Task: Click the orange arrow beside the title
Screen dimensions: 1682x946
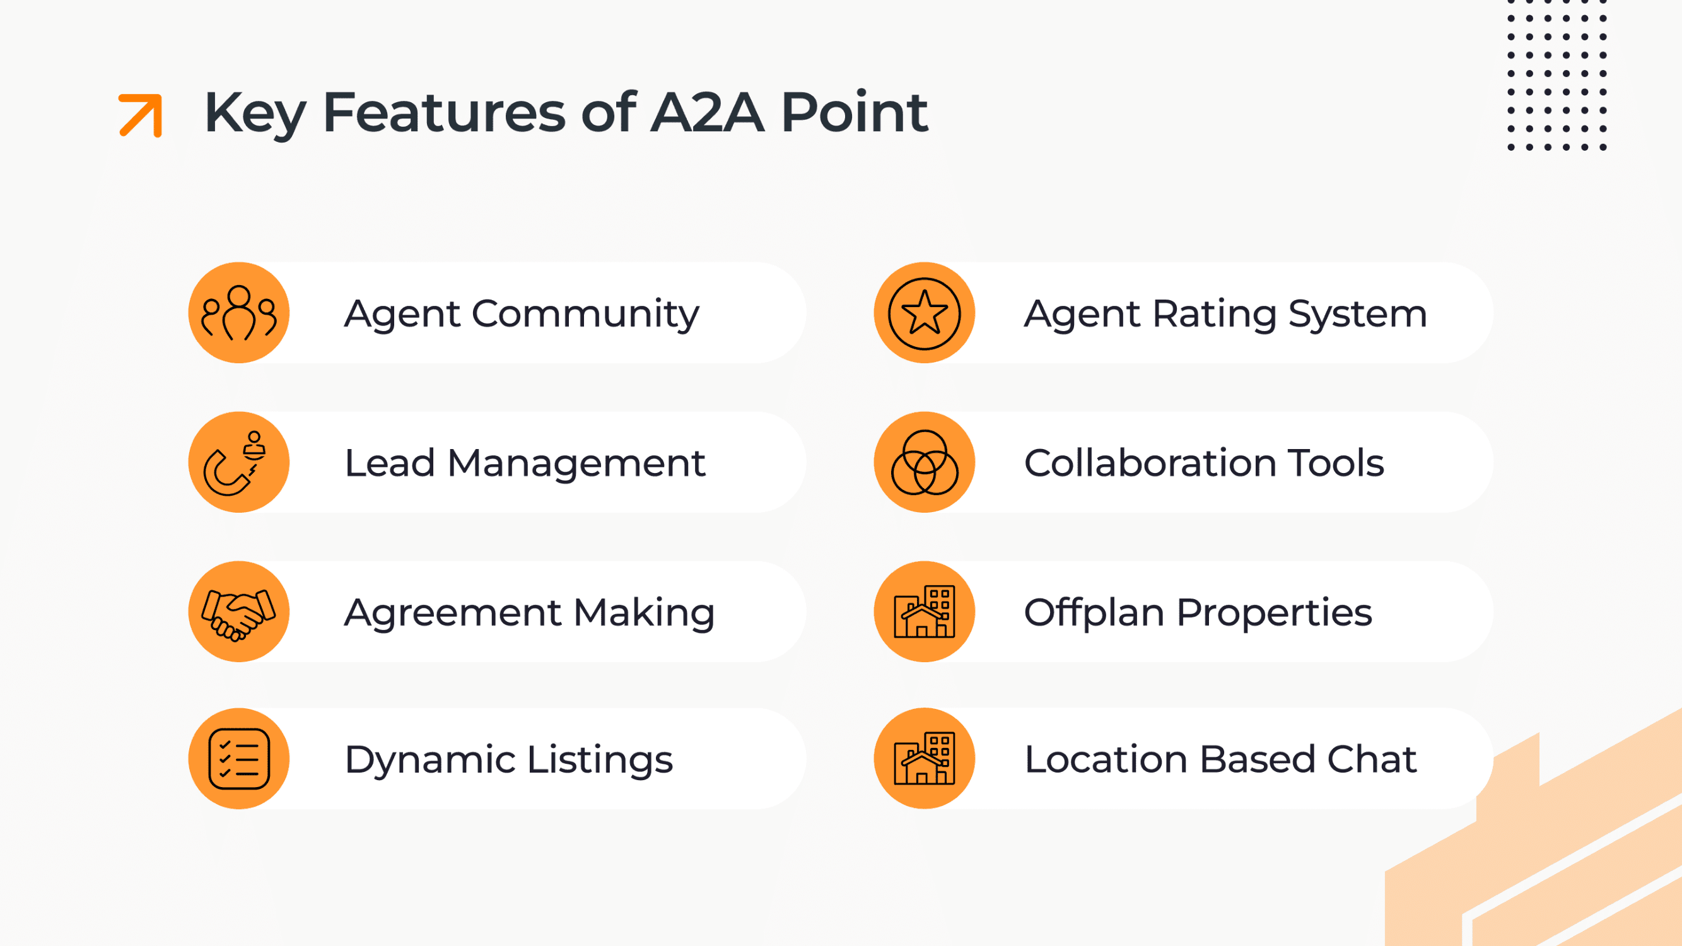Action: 141,115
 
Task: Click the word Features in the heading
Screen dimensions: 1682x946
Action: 444,112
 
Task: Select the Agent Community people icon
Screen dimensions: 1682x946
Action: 239,313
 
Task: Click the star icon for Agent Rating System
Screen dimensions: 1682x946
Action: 924,313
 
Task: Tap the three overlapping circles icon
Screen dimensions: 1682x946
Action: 924,462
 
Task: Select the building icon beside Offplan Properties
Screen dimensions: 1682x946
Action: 924,612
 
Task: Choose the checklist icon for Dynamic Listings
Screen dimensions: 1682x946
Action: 239,759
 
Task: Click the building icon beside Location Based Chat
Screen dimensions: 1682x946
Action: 924,759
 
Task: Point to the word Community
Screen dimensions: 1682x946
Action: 585,314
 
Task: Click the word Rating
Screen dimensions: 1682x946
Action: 1214,314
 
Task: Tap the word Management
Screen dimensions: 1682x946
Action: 576,464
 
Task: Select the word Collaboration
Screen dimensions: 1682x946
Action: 1150,464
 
